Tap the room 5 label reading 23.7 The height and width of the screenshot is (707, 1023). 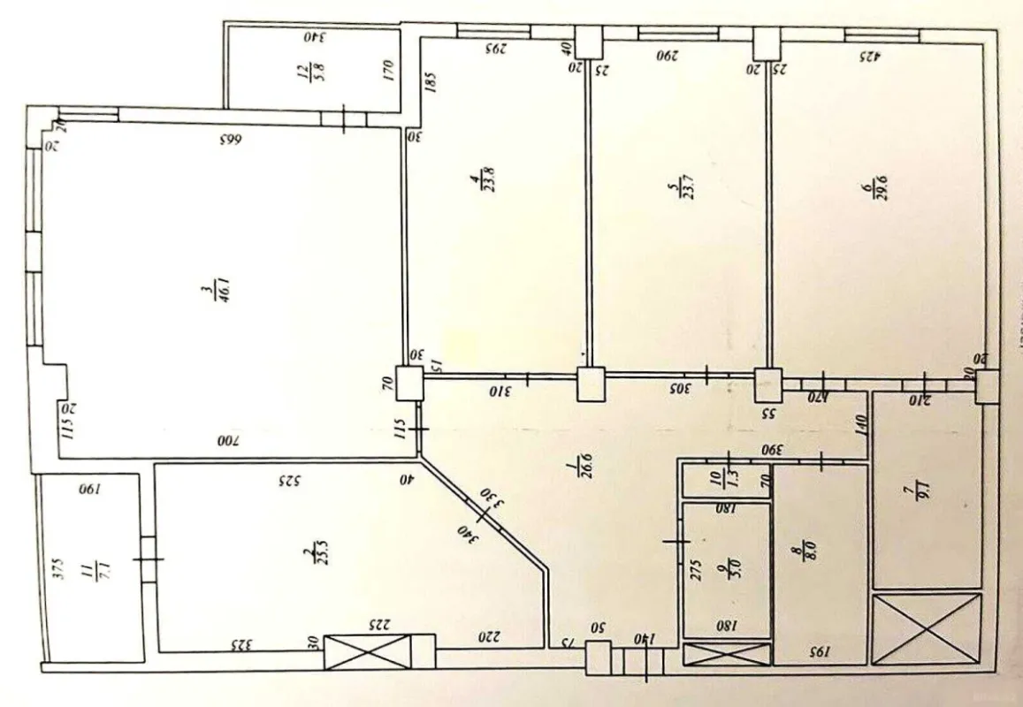point(676,192)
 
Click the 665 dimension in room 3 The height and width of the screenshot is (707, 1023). point(230,140)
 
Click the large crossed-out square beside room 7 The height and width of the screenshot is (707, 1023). point(927,628)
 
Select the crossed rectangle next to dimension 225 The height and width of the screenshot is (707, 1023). point(368,652)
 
